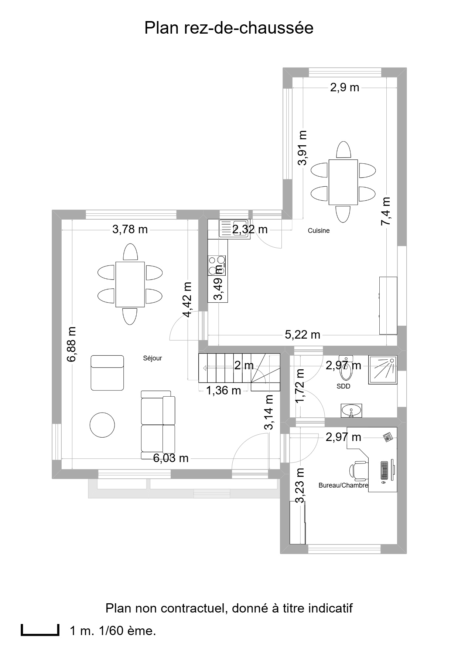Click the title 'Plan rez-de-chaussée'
229,28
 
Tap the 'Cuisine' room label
319,231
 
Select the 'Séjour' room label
153,358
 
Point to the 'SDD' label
343,386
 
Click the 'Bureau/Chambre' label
343,485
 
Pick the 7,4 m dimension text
386,211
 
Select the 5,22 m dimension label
303,335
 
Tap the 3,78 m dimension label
130,230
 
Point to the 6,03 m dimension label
171,458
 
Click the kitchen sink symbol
234,228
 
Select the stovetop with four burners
217,265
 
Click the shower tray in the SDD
383,370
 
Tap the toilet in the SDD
346,368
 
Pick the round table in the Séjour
102,425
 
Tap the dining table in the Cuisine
343,182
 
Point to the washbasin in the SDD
352,410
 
